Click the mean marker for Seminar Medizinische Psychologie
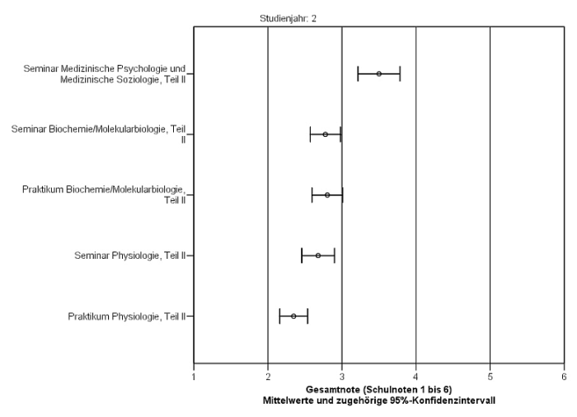click(x=379, y=74)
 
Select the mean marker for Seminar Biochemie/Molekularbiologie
click(x=326, y=134)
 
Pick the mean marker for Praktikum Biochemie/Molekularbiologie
click(x=327, y=195)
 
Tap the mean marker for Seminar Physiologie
click(x=318, y=255)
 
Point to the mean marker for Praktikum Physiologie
click(x=293, y=316)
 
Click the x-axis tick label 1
click(x=194, y=377)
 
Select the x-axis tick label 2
click(x=268, y=377)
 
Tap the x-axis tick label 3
click(x=342, y=377)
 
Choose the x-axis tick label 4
click(x=415, y=377)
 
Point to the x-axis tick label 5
click(x=490, y=377)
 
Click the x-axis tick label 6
click(x=564, y=377)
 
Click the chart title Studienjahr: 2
click(x=288, y=19)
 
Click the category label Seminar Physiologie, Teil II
click(x=130, y=255)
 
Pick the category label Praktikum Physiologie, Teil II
click(x=127, y=316)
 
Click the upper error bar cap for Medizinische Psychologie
click(x=400, y=74)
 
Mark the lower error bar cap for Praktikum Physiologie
click(x=279, y=316)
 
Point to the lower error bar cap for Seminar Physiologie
click(x=302, y=255)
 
